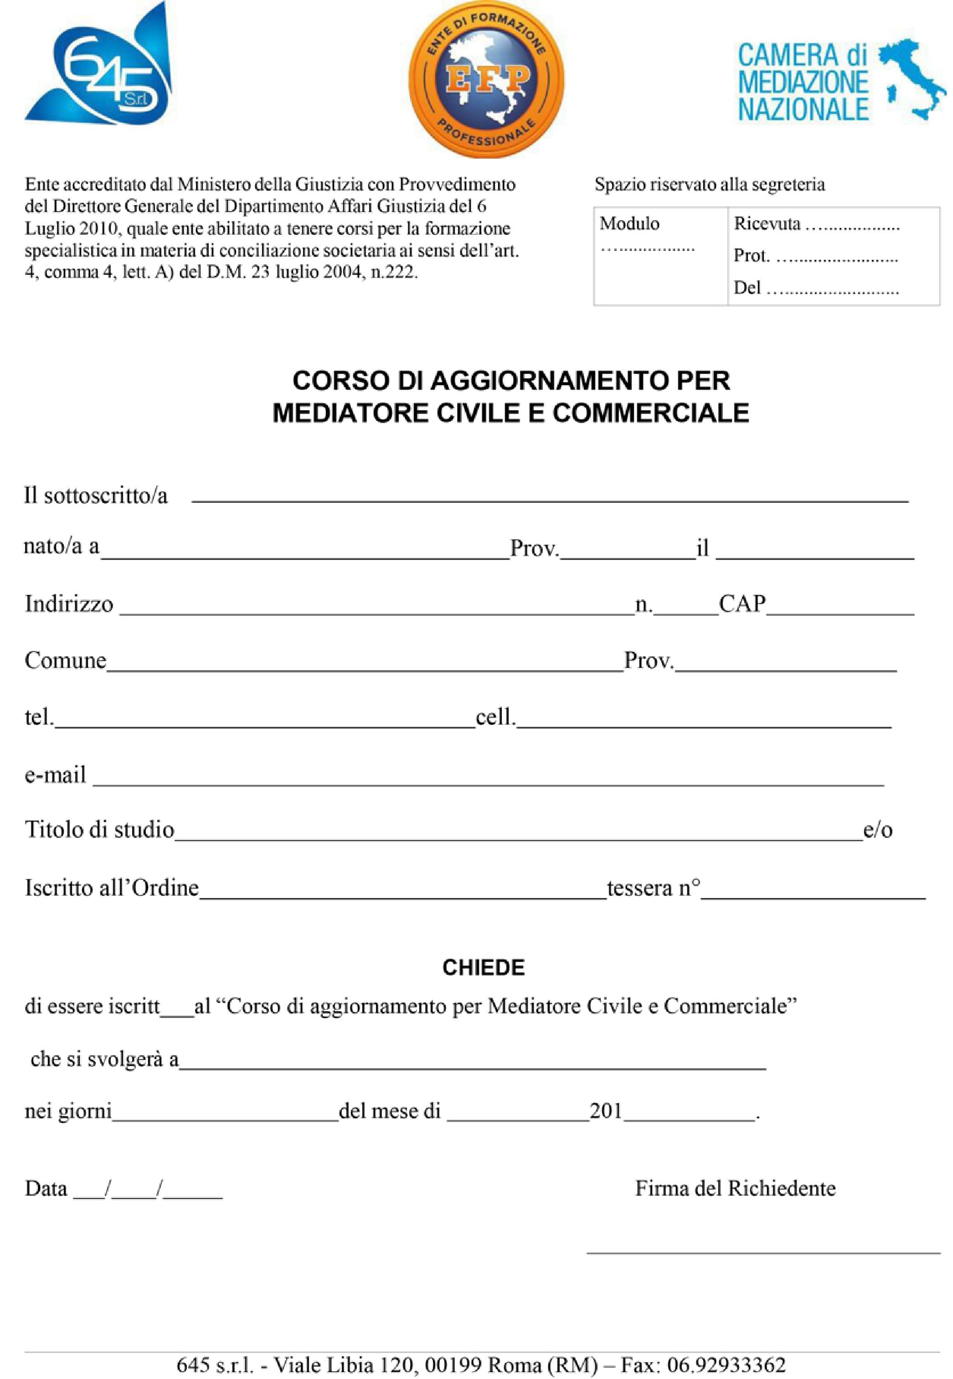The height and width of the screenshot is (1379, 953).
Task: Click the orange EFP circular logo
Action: pyautogui.click(x=487, y=79)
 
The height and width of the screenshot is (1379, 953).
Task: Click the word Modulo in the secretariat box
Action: pyautogui.click(x=629, y=223)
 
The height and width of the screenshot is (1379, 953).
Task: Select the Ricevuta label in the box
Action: pyautogui.click(x=767, y=223)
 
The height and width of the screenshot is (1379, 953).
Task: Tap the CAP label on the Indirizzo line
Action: pyautogui.click(x=742, y=604)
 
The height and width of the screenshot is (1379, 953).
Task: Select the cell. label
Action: pyautogui.click(x=495, y=717)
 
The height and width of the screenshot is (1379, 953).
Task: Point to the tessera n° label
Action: pyautogui.click(x=653, y=888)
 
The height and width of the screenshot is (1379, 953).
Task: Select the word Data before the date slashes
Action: pyautogui.click(x=46, y=1188)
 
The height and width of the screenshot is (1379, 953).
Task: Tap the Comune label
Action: pyautogui.click(x=65, y=661)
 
